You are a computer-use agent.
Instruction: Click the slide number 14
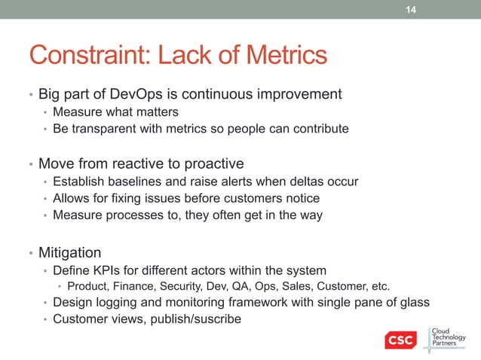pyautogui.click(x=411, y=10)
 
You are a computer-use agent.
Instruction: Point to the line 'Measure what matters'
pyautogui.click(x=115, y=112)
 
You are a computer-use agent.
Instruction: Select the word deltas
pyautogui.click(x=305, y=182)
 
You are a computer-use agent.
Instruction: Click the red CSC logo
pyautogui.click(x=400, y=340)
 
